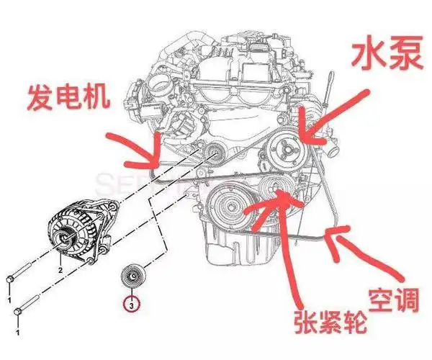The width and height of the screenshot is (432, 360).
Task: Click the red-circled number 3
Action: point(131,305)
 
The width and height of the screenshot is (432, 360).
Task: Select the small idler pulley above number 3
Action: point(131,277)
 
